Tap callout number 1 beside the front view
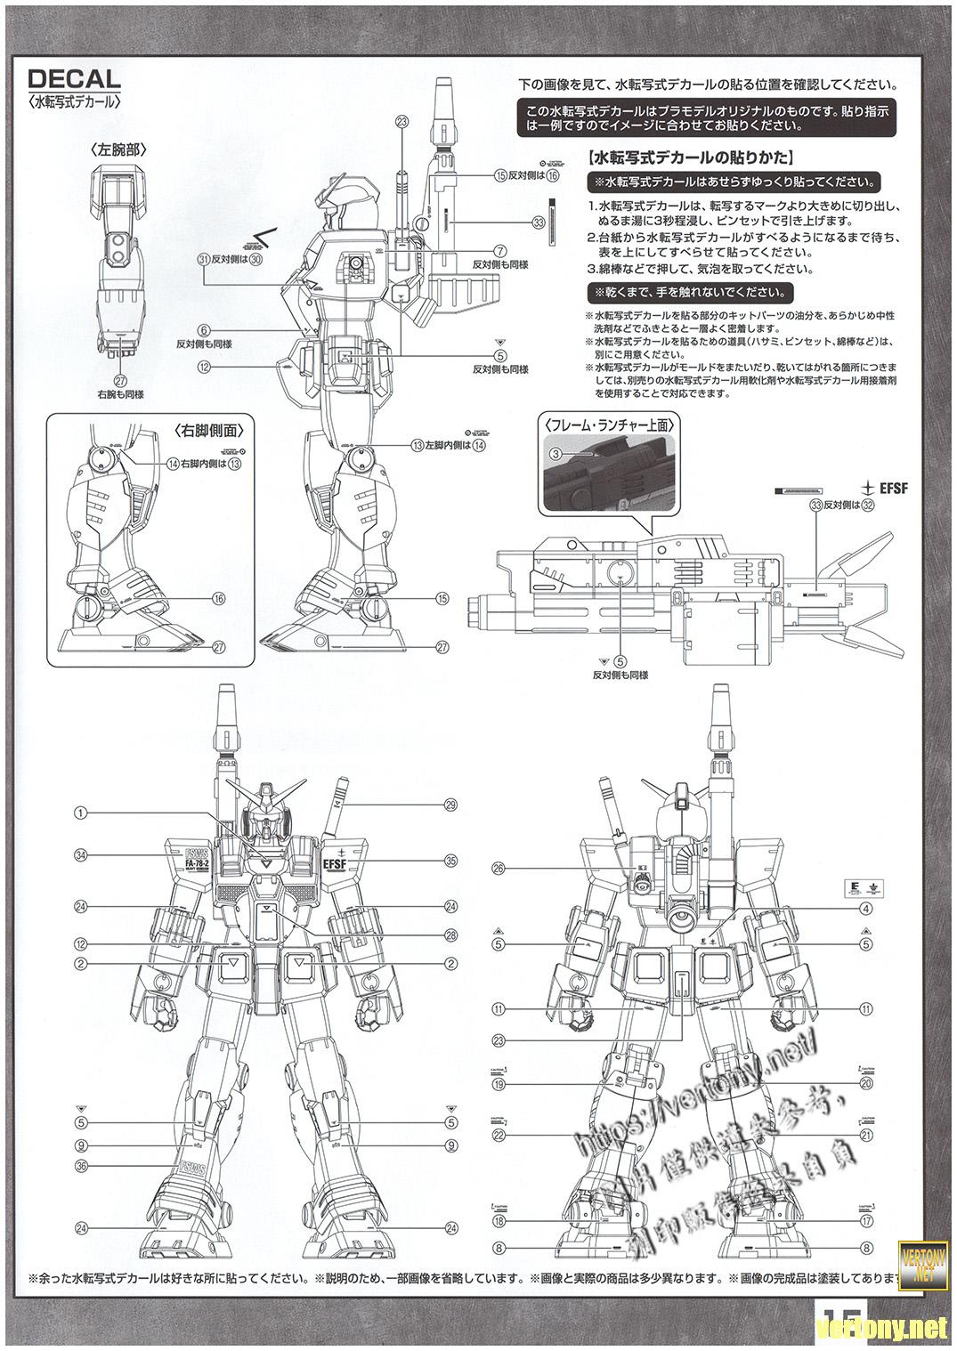click(x=80, y=813)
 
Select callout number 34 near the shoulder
click(x=80, y=856)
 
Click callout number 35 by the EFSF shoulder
click(x=450, y=861)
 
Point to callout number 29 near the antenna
click(x=450, y=805)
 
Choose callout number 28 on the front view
click(x=450, y=934)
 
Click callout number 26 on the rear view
click(x=499, y=868)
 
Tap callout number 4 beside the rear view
click(x=865, y=909)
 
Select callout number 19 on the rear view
click(x=499, y=1085)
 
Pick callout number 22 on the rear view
click(x=499, y=1136)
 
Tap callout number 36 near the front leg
click(x=80, y=1166)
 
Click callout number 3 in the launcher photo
click(x=555, y=454)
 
